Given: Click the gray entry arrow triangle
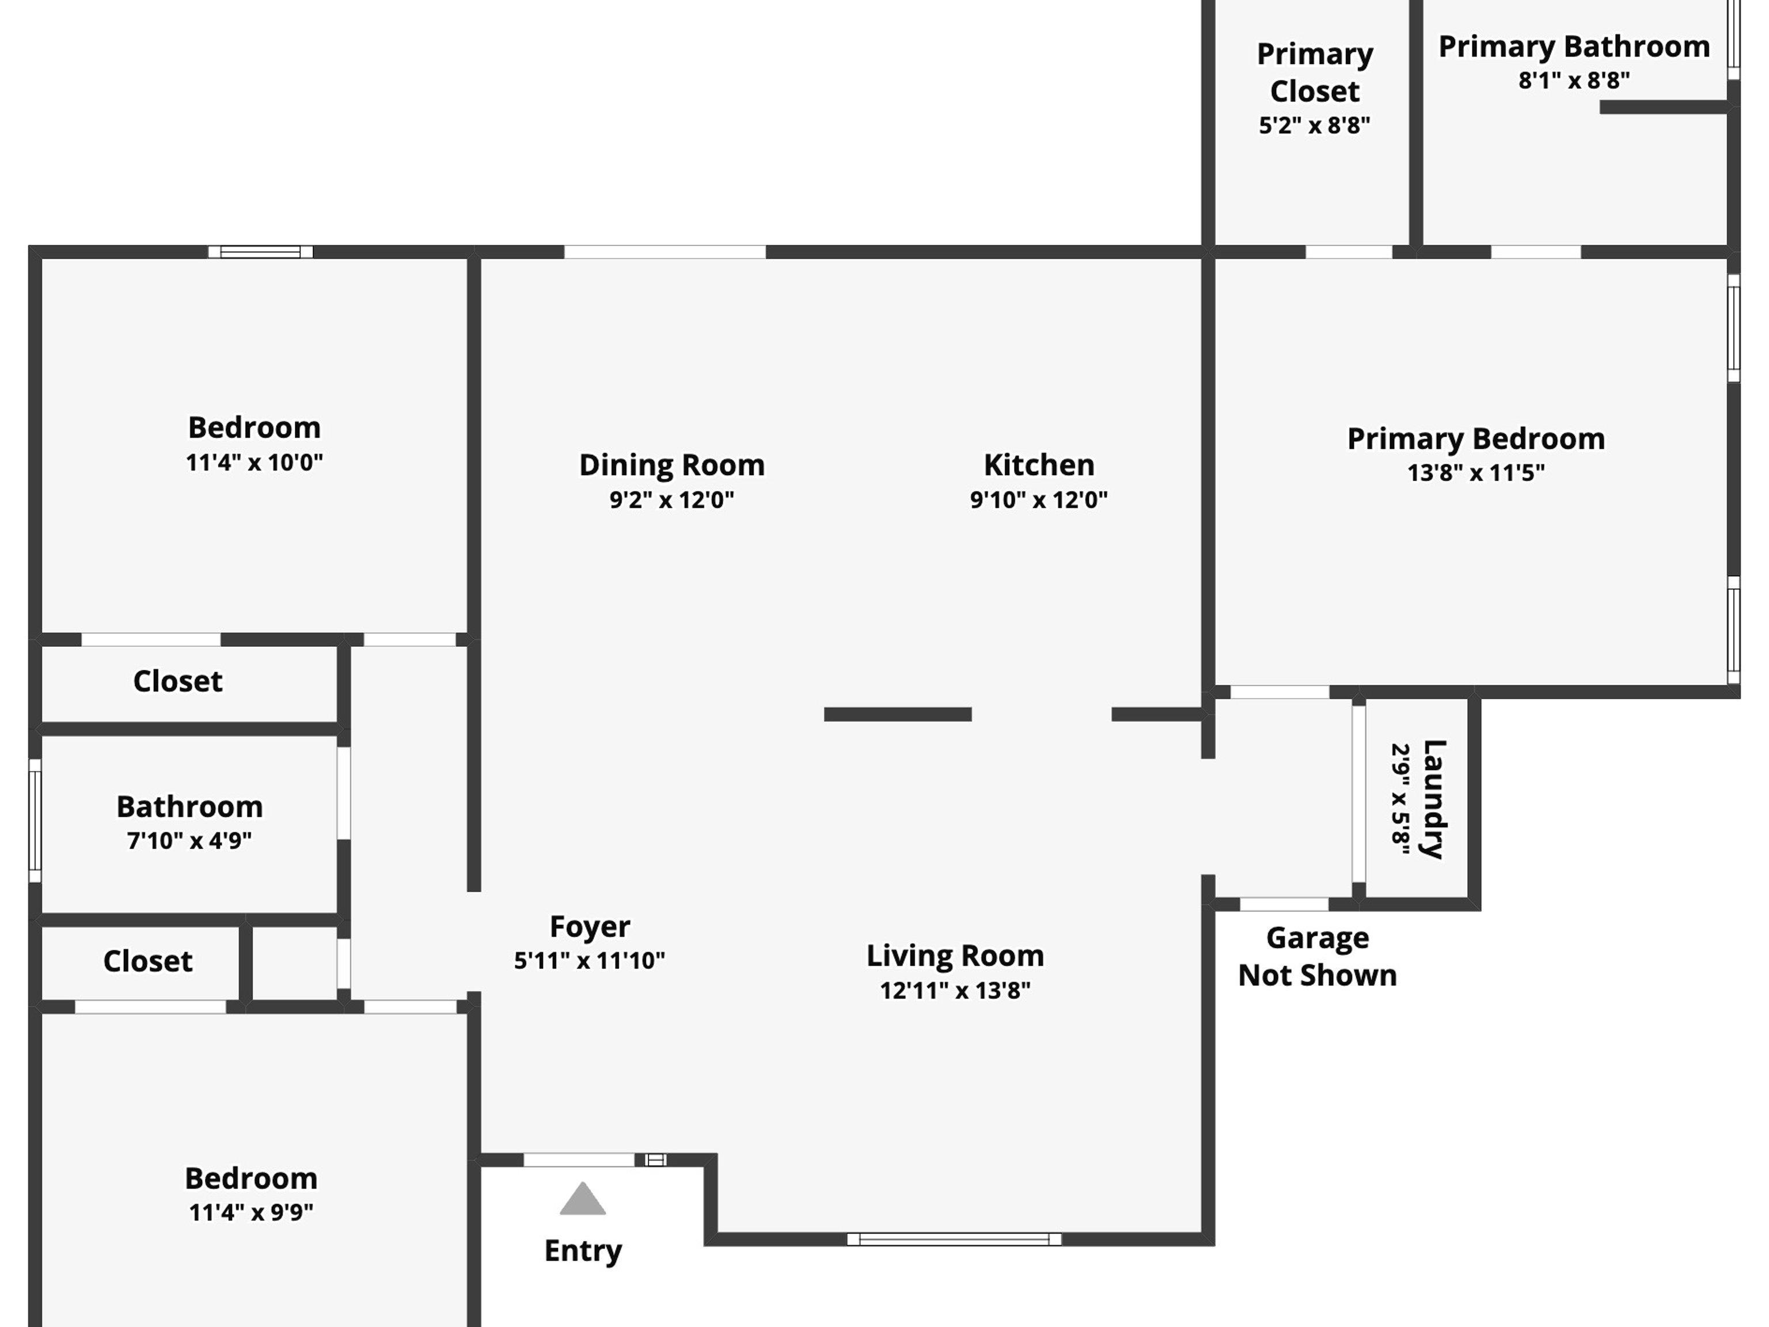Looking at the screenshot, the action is click(582, 1199).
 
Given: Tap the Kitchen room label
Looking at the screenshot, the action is click(1039, 465).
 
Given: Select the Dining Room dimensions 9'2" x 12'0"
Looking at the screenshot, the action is click(672, 500).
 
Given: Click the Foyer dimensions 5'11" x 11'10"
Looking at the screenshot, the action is click(590, 960).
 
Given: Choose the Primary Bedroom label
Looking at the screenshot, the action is click(1475, 439).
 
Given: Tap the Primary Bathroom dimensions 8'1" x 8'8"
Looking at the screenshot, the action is click(1574, 80).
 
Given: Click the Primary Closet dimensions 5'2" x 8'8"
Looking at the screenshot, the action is click(1314, 125).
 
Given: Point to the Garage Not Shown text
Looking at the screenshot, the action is click(1317, 957).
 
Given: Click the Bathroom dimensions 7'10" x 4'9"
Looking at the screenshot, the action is click(189, 841).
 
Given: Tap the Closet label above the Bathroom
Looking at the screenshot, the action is click(177, 681).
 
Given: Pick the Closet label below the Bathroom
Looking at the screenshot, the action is click(148, 961).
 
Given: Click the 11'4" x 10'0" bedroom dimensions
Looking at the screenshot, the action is click(255, 462).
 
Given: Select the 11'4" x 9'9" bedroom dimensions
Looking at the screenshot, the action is click(251, 1212).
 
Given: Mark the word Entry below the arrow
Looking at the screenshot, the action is click(583, 1251).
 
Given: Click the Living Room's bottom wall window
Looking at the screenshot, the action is click(954, 1239).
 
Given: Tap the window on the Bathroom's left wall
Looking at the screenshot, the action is click(35, 821).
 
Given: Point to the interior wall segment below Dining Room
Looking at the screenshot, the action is click(897, 714).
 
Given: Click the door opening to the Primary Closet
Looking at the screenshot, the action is click(1349, 252).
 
